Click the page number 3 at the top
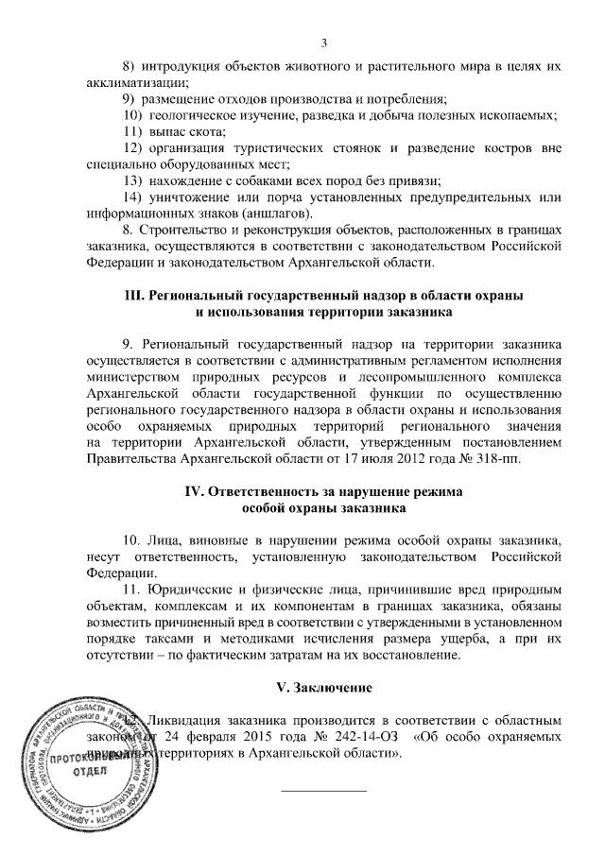(x=323, y=43)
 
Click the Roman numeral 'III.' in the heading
(x=135, y=295)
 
